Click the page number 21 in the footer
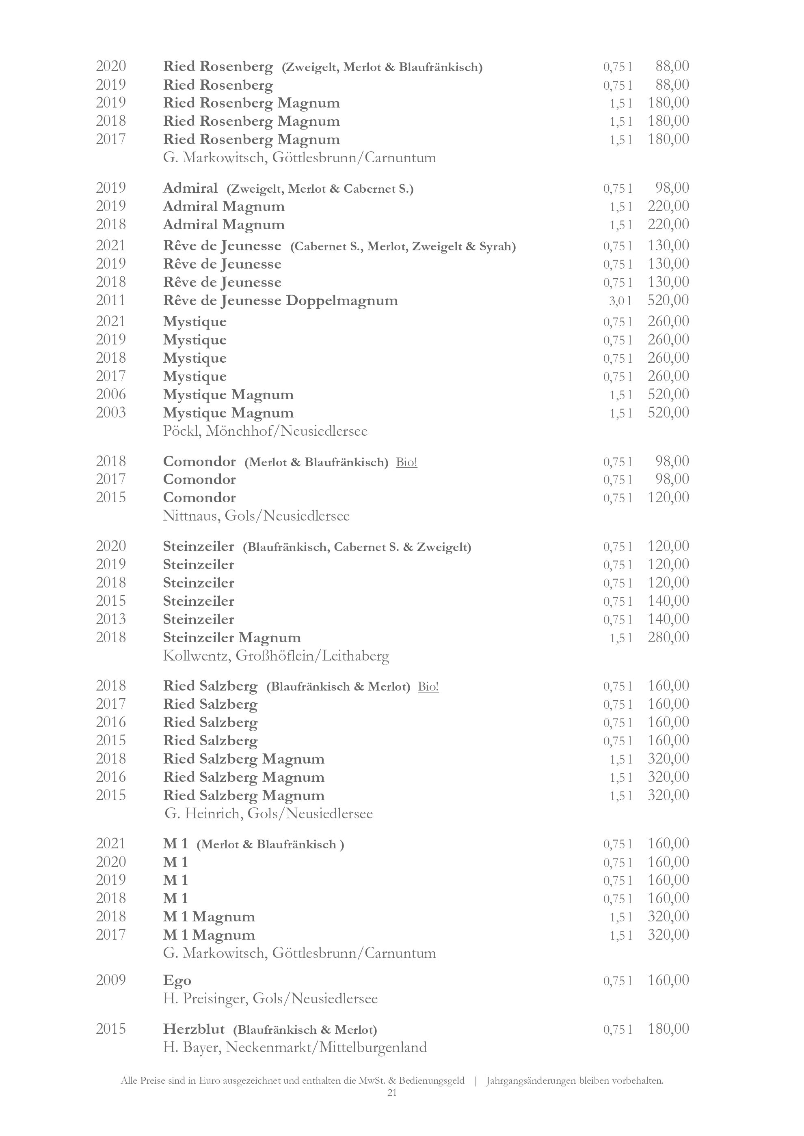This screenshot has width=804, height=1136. [x=391, y=1093]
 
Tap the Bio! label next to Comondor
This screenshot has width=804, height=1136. [x=406, y=462]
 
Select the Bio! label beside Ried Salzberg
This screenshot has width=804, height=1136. [x=428, y=687]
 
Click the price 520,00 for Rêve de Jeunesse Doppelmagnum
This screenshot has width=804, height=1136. [x=668, y=300]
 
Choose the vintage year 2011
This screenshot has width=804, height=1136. [x=111, y=300]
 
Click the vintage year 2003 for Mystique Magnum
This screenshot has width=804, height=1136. [x=111, y=413]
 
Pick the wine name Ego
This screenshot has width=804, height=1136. [x=177, y=980]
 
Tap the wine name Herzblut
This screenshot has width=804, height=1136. [x=194, y=1029]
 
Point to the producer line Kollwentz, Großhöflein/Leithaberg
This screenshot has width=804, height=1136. [x=276, y=656]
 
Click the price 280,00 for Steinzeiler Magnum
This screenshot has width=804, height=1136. [x=668, y=637]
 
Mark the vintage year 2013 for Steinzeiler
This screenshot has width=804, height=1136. [x=111, y=619]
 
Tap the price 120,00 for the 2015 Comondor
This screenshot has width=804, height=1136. [x=668, y=497]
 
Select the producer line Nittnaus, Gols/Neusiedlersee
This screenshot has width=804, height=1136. [x=256, y=516]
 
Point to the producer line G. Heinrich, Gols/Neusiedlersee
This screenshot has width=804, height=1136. [x=268, y=813]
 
